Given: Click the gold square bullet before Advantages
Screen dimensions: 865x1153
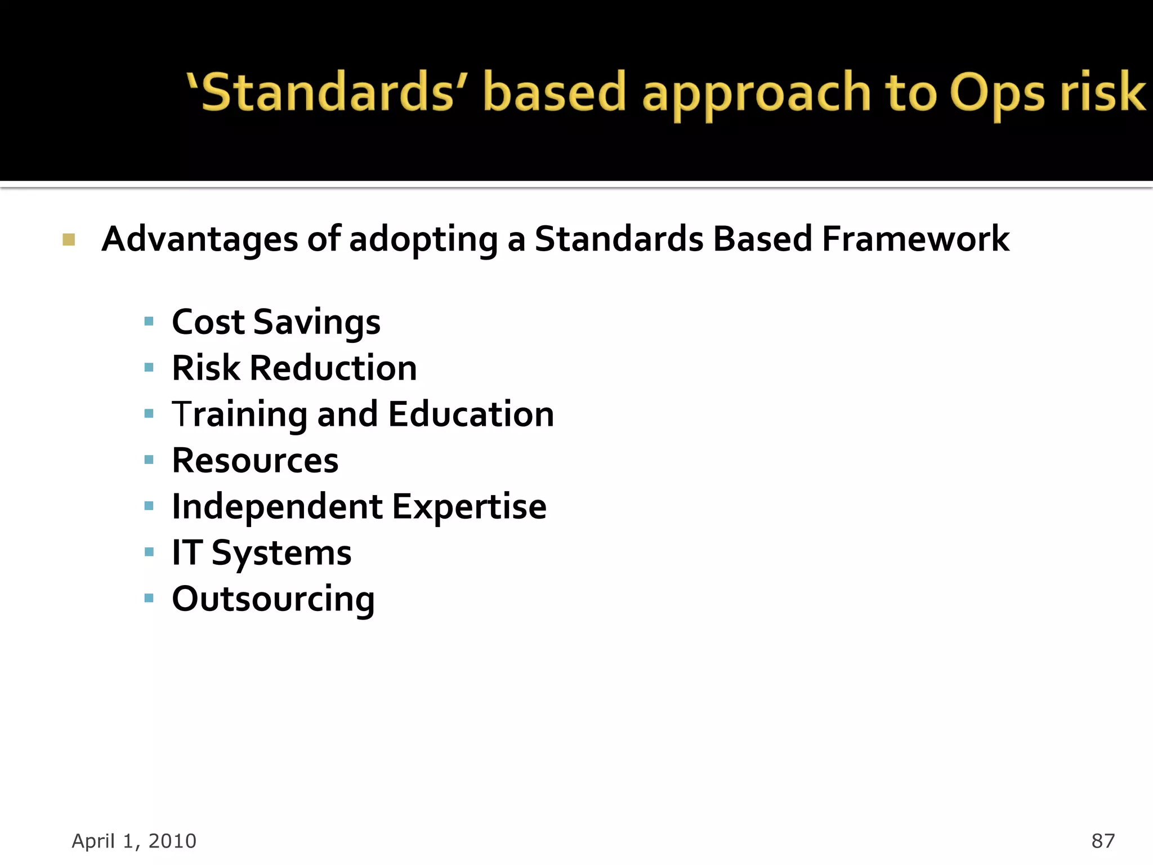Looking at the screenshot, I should coord(69,240).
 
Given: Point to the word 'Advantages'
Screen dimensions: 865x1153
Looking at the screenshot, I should coord(200,240).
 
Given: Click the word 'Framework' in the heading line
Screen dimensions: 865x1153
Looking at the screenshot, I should coord(915,239).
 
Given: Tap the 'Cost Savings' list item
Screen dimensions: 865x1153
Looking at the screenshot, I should coord(276,323).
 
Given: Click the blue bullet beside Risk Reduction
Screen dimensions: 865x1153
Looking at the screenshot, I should coord(149,368).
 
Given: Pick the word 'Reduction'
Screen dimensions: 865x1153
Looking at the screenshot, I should coord(333,368).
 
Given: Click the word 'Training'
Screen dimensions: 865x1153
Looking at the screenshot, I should coord(239,416).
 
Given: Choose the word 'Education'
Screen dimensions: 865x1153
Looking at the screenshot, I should coord(471,414).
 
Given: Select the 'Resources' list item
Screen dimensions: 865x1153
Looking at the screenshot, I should coord(255,461).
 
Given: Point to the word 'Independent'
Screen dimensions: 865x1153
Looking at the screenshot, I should coord(277,507).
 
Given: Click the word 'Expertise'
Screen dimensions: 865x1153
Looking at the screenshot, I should coord(469,507).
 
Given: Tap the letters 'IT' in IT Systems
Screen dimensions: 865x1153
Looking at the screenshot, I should coord(187,552).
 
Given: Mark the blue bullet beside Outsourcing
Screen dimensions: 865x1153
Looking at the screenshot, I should coord(149,598).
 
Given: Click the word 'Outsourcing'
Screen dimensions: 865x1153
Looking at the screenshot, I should coord(273,599).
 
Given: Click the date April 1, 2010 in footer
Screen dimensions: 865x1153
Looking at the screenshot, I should coord(134,841).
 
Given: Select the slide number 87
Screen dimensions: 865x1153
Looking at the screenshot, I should coord(1102,841).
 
